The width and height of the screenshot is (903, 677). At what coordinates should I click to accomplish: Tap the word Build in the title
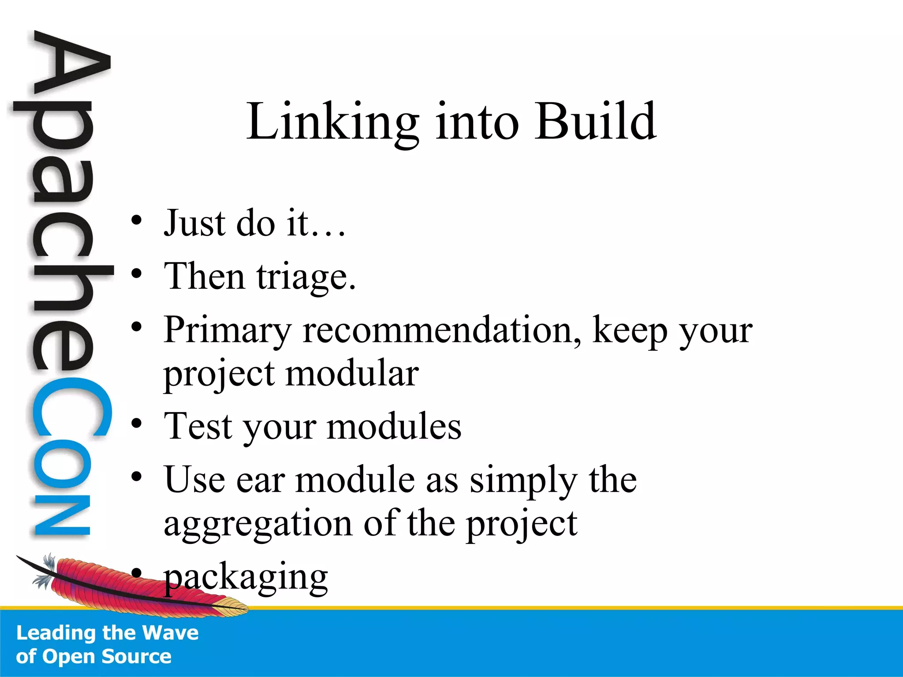(595, 121)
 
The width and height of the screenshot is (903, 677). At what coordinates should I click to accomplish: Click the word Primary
(228, 331)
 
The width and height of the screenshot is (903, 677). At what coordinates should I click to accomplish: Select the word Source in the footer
(136, 656)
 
